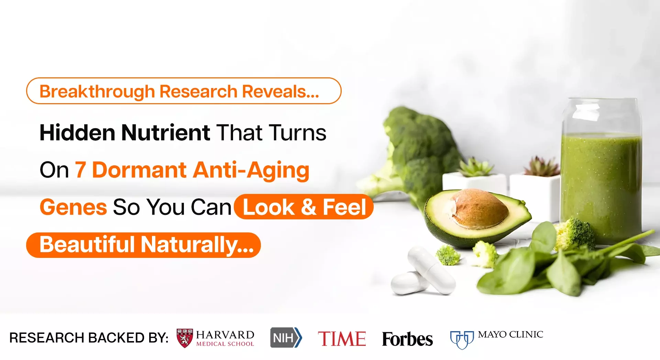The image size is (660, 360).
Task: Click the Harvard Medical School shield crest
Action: [185, 338]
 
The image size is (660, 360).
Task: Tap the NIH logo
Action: [286, 338]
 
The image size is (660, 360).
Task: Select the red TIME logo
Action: [342, 339]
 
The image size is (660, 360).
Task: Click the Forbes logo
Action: [407, 339]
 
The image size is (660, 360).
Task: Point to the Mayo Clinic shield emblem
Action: [462, 340]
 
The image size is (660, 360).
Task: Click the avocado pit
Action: [480, 209]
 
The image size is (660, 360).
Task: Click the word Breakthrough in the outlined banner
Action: [97, 92]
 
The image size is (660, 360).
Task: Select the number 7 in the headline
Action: [80, 170]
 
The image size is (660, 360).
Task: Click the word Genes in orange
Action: [73, 207]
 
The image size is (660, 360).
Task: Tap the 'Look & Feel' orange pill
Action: [304, 207]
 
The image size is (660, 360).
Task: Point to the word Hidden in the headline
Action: [77, 132]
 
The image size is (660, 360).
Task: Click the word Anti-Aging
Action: [251, 171]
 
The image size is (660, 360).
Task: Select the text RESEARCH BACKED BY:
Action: [89, 338]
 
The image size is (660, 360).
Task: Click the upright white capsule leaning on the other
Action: [431, 270]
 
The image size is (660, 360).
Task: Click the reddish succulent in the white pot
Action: [542, 166]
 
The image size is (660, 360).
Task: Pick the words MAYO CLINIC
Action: [510, 335]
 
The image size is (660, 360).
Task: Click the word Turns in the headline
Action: [298, 133]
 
